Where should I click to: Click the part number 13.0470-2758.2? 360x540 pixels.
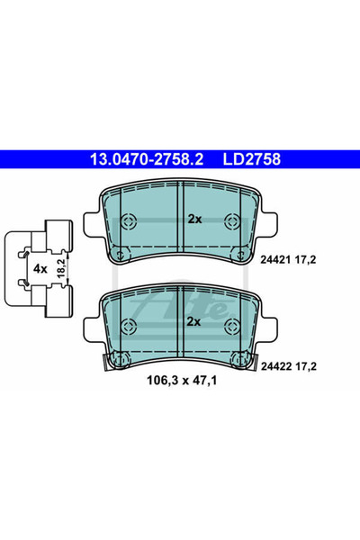point(147,159)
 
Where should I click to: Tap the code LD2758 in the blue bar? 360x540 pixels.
point(252,159)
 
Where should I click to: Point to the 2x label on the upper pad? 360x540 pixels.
point(194,219)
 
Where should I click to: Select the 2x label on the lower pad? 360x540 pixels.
point(193,321)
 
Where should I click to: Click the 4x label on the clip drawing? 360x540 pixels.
point(40,268)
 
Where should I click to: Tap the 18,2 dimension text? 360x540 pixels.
point(60,268)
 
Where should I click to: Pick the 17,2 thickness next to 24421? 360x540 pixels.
point(305,260)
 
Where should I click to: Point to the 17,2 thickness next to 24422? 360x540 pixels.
point(306,366)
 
